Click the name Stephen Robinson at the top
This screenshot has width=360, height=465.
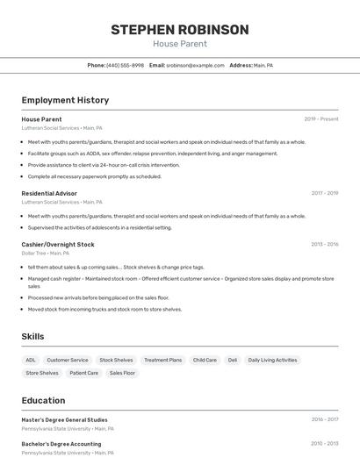pos(179,30)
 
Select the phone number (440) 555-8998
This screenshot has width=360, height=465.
pos(125,65)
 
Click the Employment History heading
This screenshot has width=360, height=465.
pos(65,100)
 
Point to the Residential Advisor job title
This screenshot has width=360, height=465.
pos(49,193)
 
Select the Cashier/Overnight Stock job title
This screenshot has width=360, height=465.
pos(57,244)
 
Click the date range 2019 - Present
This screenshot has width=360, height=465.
pos(320,118)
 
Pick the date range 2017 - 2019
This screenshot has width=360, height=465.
pos(324,193)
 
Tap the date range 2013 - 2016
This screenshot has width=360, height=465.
pos(324,244)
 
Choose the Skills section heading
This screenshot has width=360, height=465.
pos(32,336)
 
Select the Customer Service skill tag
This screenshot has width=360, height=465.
pos(68,360)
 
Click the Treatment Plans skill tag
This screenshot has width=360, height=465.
pos(162,360)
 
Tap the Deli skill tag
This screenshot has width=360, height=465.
pos(233,360)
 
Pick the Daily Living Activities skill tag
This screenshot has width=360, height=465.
pos(272,360)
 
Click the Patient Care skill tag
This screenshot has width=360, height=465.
pos(84,373)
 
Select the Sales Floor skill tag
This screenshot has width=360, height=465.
pos(123,373)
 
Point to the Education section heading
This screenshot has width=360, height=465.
pos(43,400)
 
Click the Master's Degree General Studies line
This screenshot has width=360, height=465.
pos(65,419)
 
